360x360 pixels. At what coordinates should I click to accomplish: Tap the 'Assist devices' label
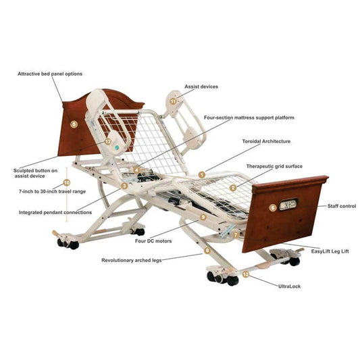[x=201, y=86]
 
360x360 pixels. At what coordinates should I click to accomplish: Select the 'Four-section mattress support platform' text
[x=249, y=118]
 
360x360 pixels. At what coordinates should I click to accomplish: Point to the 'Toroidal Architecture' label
[x=266, y=141]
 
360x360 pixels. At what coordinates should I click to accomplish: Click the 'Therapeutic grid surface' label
[x=274, y=166]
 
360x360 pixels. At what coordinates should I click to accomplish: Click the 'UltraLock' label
[x=289, y=286]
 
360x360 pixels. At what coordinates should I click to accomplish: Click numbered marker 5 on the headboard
[x=74, y=124]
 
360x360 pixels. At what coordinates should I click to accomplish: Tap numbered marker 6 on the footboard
[x=272, y=208]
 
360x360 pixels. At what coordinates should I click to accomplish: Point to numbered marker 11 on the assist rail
[x=173, y=101]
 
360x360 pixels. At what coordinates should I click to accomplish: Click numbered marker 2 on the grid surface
[x=232, y=188]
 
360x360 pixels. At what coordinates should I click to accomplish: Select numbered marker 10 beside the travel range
[x=66, y=182]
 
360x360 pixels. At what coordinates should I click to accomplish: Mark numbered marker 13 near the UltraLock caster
[x=245, y=274]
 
